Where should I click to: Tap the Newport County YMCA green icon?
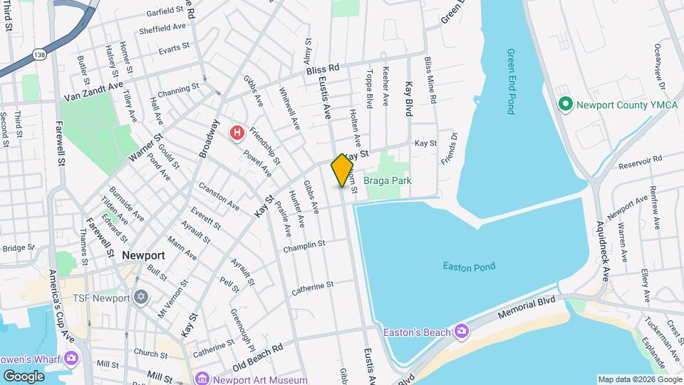point(566,105)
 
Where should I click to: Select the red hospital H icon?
point(237,133)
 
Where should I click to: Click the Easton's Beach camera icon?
point(462,331)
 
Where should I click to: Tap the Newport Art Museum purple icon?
point(202,378)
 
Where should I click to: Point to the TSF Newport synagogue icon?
point(141,296)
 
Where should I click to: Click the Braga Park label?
point(388,181)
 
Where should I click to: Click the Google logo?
point(24,376)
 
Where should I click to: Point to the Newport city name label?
point(143,255)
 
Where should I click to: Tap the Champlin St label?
point(304,246)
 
